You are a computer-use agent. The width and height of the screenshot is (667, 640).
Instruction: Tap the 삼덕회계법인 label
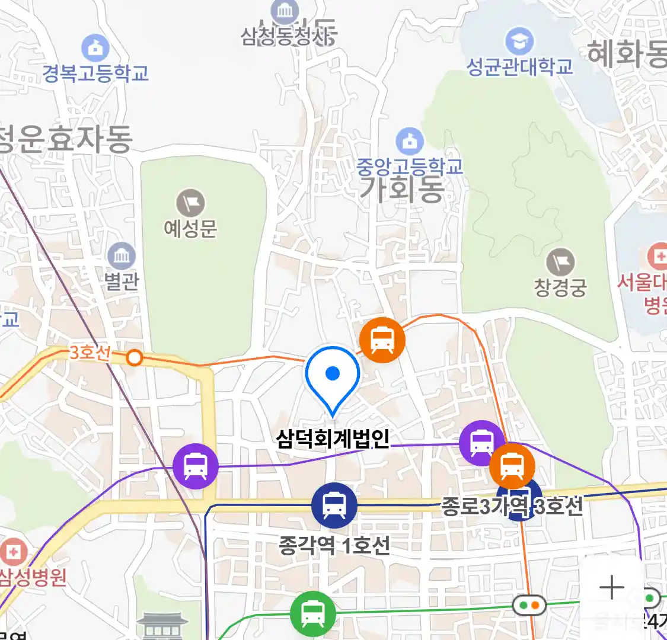[x=333, y=439]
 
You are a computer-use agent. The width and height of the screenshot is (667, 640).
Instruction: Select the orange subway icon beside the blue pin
[x=382, y=340]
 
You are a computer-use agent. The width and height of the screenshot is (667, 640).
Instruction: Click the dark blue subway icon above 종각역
[x=334, y=505]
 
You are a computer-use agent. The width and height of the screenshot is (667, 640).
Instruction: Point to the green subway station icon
[x=312, y=614]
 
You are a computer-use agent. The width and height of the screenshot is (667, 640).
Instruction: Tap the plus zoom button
[x=611, y=588]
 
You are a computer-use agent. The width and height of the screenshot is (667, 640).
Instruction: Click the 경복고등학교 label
[x=95, y=73]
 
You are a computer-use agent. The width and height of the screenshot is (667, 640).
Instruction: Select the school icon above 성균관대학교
[x=519, y=41]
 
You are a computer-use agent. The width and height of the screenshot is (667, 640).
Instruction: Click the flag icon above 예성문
[x=190, y=204]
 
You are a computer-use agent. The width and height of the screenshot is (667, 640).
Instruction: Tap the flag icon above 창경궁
[x=560, y=263]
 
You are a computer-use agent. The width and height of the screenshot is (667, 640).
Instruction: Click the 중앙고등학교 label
[x=409, y=167]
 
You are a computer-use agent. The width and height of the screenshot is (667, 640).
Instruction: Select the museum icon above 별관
[x=122, y=257]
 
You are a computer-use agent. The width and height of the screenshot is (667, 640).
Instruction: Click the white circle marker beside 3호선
[x=135, y=358]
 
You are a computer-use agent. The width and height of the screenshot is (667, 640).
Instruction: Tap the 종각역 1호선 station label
[x=334, y=545]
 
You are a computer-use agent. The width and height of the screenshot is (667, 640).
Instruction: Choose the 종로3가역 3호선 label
[x=512, y=507]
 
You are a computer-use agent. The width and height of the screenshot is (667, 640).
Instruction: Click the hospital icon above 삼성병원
[x=13, y=553]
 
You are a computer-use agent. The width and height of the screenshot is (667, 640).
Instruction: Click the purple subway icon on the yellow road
[x=196, y=466]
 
